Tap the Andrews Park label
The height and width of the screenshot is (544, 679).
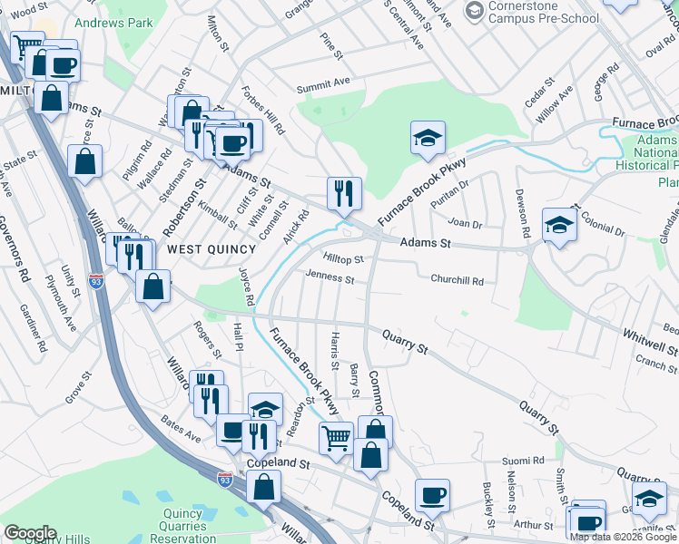[x=113, y=21]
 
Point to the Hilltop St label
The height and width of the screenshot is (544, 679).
[x=343, y=259]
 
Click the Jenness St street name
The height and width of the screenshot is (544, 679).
[x=330, y=277]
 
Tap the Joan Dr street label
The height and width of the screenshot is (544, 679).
[x=463, y=223]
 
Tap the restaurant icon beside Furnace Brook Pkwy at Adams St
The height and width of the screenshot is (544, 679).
[x=345, y=192]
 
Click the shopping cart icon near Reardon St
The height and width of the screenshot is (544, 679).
[x=336, y=439]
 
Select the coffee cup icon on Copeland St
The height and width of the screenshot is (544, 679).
[x=432, y=495]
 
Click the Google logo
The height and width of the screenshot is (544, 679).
[x=29, y=533]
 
